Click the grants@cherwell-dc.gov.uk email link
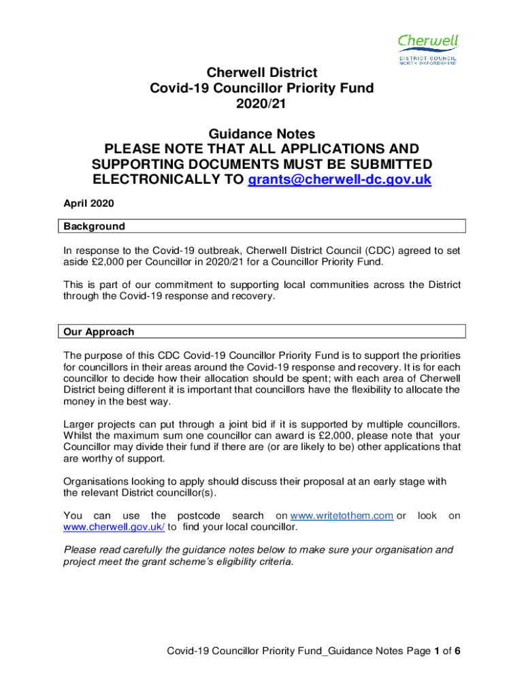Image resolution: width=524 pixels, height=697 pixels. click(340, 180)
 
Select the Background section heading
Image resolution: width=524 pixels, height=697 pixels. click(94, 226)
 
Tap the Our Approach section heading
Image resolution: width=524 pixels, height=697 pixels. click(99, 332)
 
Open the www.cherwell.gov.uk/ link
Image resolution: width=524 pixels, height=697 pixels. click(114, 527)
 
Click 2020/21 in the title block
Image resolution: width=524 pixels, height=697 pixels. click(262, 103)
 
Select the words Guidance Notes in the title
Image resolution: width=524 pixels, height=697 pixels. click(262, 133)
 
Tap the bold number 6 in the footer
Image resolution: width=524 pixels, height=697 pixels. click(458, 651)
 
